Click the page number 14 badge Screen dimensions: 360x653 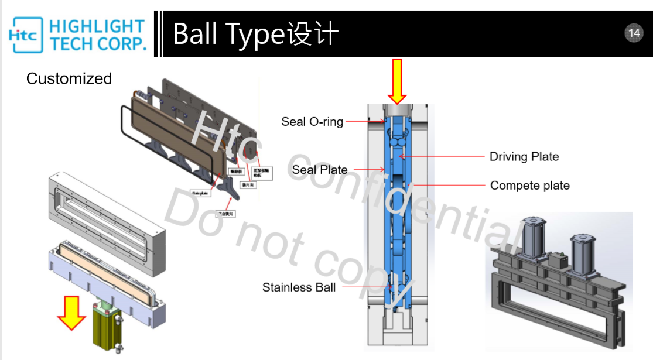coord(634,33)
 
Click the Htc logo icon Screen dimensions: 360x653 coord(24,35)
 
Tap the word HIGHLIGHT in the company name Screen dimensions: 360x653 coord(97,27)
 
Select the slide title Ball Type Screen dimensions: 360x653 coord(229,34)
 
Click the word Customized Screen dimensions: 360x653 coord(69,78)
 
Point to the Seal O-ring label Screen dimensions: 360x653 coord(312,122)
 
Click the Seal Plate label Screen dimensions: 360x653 coord(320,170)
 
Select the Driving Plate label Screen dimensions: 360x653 coord(524,157)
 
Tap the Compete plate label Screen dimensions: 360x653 coord(529,186)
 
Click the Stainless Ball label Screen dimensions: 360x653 coord(299,287)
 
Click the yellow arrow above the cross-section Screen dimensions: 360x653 coord(398,81)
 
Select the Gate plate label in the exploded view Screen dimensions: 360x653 coord(200,193)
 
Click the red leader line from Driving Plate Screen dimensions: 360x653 coord(445,157)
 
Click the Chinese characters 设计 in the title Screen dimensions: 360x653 coord(313,34)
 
